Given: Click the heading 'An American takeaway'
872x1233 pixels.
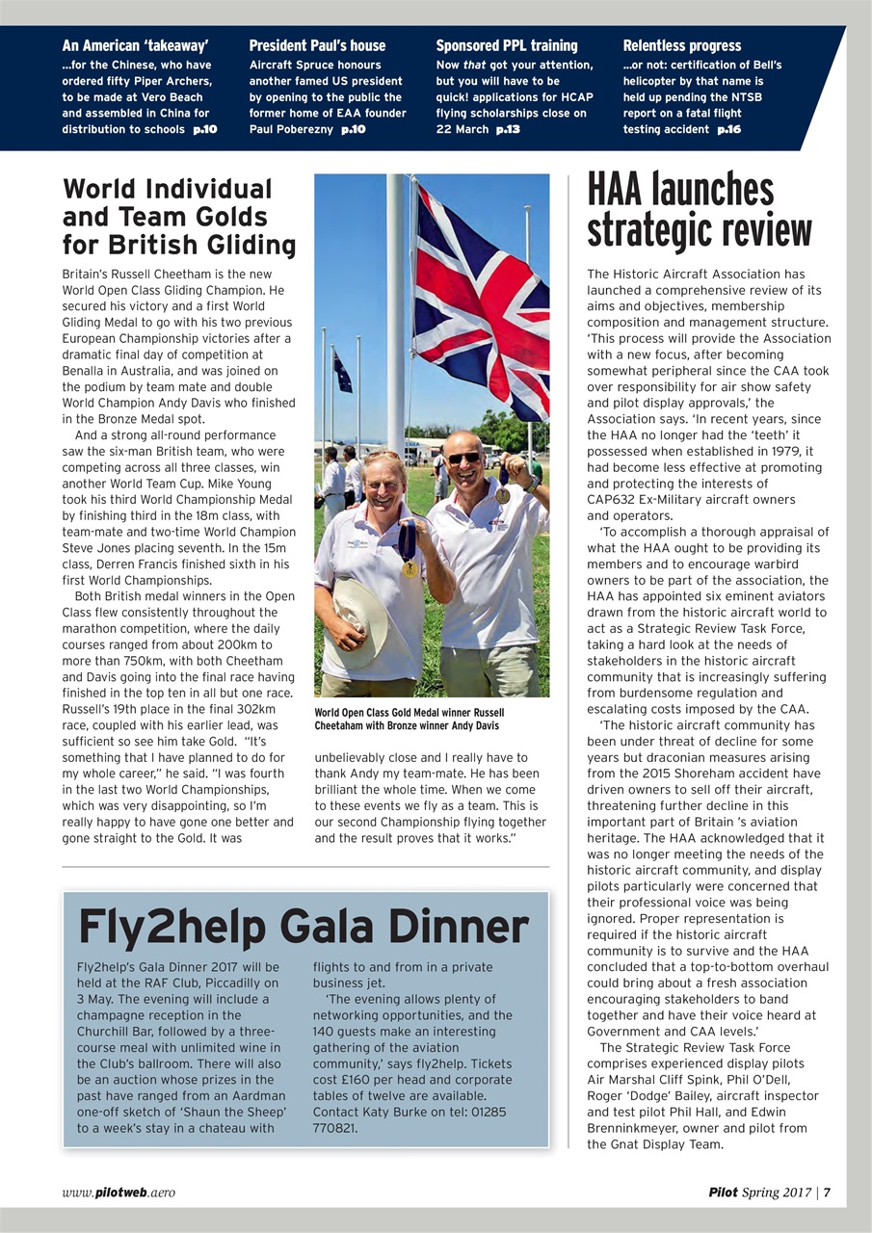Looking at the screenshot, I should point(135,45).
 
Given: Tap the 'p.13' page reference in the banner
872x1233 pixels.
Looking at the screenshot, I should point(508,129).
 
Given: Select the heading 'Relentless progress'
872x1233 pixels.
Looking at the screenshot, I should point(682,45).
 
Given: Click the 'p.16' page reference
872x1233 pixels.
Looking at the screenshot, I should point(729,129).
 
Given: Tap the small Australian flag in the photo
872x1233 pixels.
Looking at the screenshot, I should point(342,371).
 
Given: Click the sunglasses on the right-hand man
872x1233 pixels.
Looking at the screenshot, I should point(464,458).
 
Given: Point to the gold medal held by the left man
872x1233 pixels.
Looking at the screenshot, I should point(410,568).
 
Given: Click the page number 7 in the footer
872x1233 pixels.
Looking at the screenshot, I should point(827,1193).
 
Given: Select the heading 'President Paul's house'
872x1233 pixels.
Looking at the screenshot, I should point(317,45).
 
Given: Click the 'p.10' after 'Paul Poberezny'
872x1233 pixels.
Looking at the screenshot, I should point(354,129).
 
